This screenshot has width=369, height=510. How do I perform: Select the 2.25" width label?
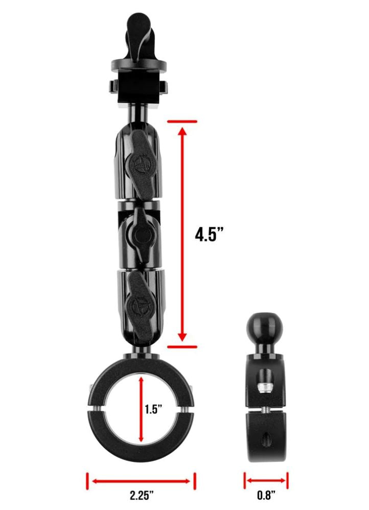[x=142, y=496]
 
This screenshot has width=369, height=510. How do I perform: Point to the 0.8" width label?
[x=266, y=495]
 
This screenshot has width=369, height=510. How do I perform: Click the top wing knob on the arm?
[x=140, y=164]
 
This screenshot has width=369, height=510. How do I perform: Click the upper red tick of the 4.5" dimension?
[x=182, y=121]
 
